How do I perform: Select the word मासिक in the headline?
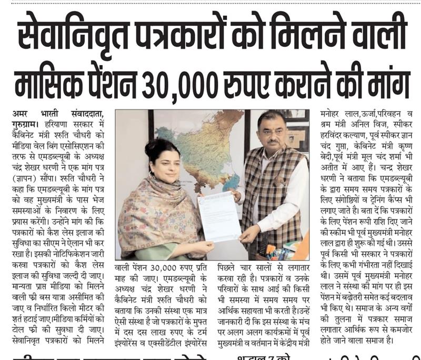coord(50,81)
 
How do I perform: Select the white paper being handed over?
coord(218,216)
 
